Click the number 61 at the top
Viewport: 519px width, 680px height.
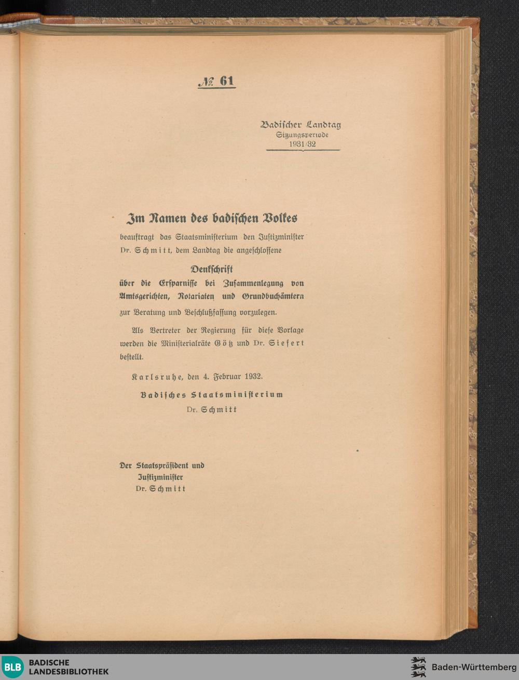coord(227,81)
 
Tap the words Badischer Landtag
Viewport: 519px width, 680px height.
coord(301,125)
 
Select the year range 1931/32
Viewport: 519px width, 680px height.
coord(302,144)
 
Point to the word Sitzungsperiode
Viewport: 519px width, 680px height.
coord(302,135)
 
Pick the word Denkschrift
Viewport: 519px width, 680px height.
coord(211,269)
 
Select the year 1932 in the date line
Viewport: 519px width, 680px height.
coord(252,376)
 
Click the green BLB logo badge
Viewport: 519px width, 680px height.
coord(13,667)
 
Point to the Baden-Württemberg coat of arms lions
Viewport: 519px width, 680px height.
coord(418,667)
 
